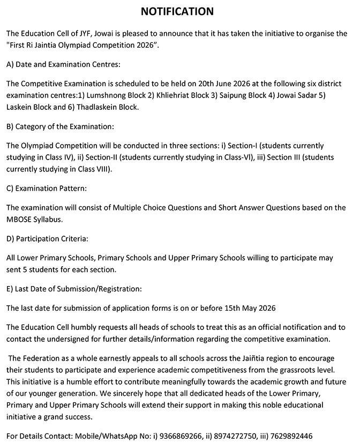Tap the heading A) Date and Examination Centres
pos(63,64)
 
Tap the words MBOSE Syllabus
pos(33,219)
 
